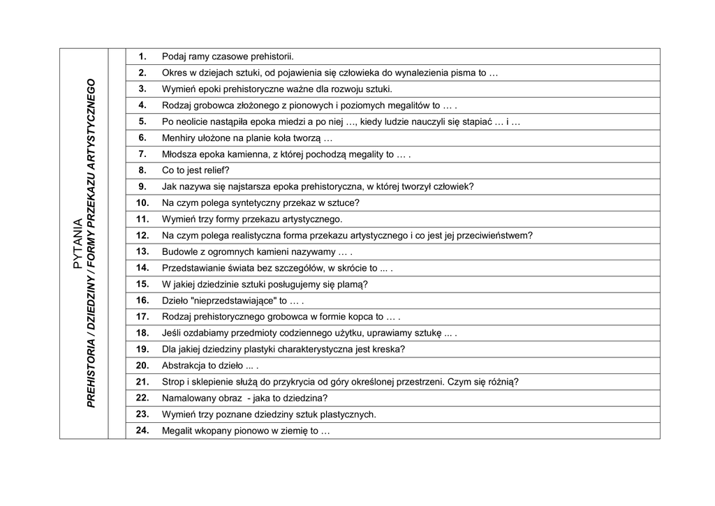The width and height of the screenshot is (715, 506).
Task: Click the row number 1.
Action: click(142, 57)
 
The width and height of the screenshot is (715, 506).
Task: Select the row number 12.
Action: click(142, 235)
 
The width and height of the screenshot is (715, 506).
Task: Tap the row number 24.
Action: click(142, 431)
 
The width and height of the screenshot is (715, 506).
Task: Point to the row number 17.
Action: click(142, 317)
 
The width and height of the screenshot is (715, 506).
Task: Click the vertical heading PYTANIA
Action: click(78, 244)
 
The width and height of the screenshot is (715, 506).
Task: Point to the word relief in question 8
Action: click(212, 170)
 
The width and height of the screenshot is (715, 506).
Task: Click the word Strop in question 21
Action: click(173, 382)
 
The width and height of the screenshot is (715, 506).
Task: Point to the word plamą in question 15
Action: click(353, 285)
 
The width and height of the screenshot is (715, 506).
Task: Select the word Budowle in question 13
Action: click(179, 252)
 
